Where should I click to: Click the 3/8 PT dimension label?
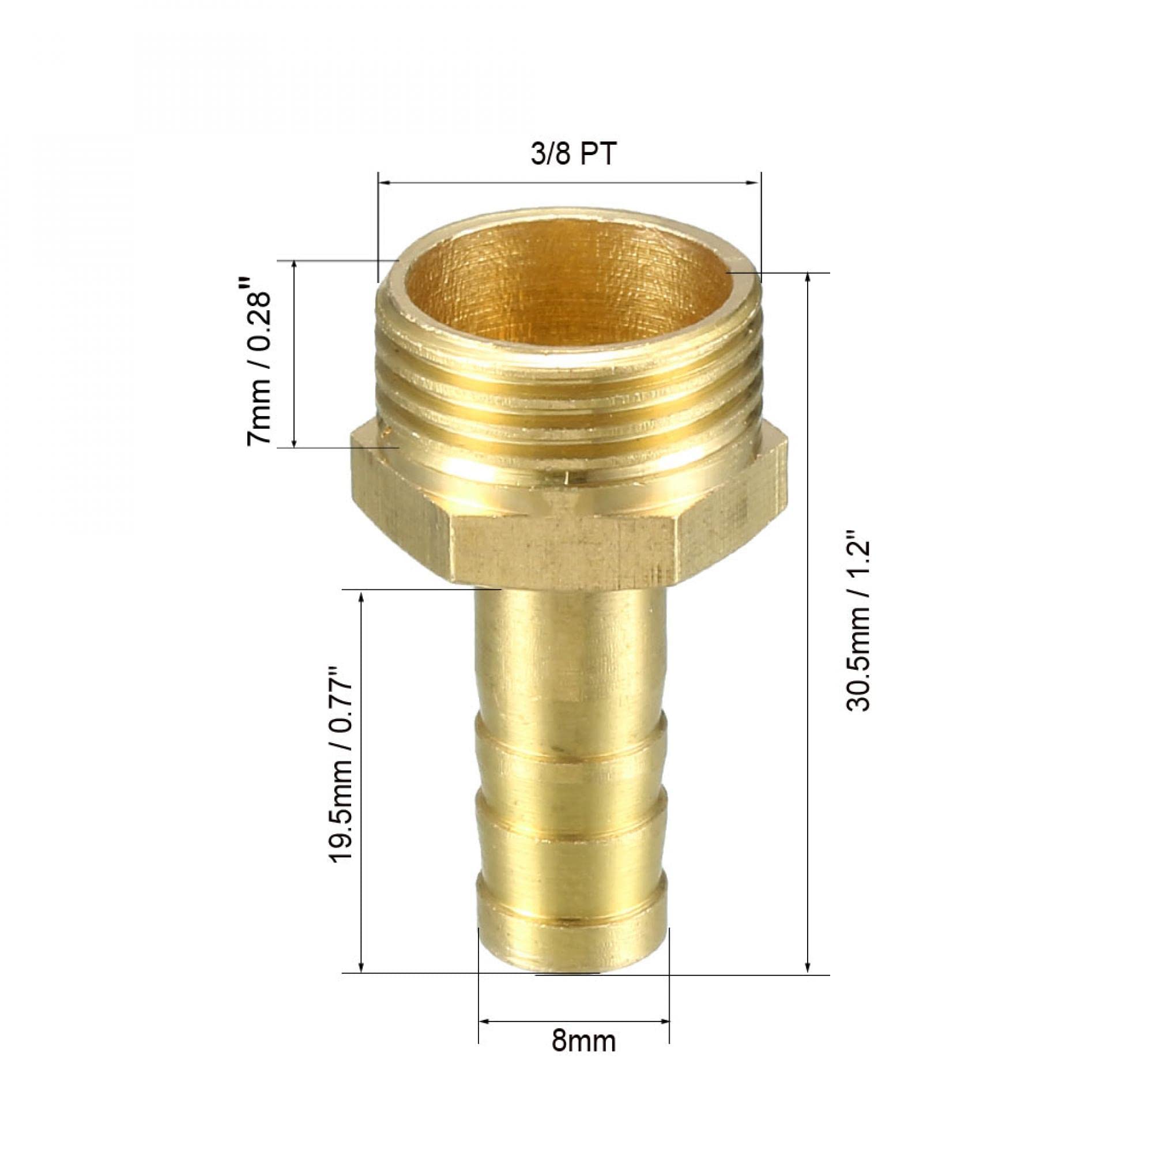(572, 155)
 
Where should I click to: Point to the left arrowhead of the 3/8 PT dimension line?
(386, 183)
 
